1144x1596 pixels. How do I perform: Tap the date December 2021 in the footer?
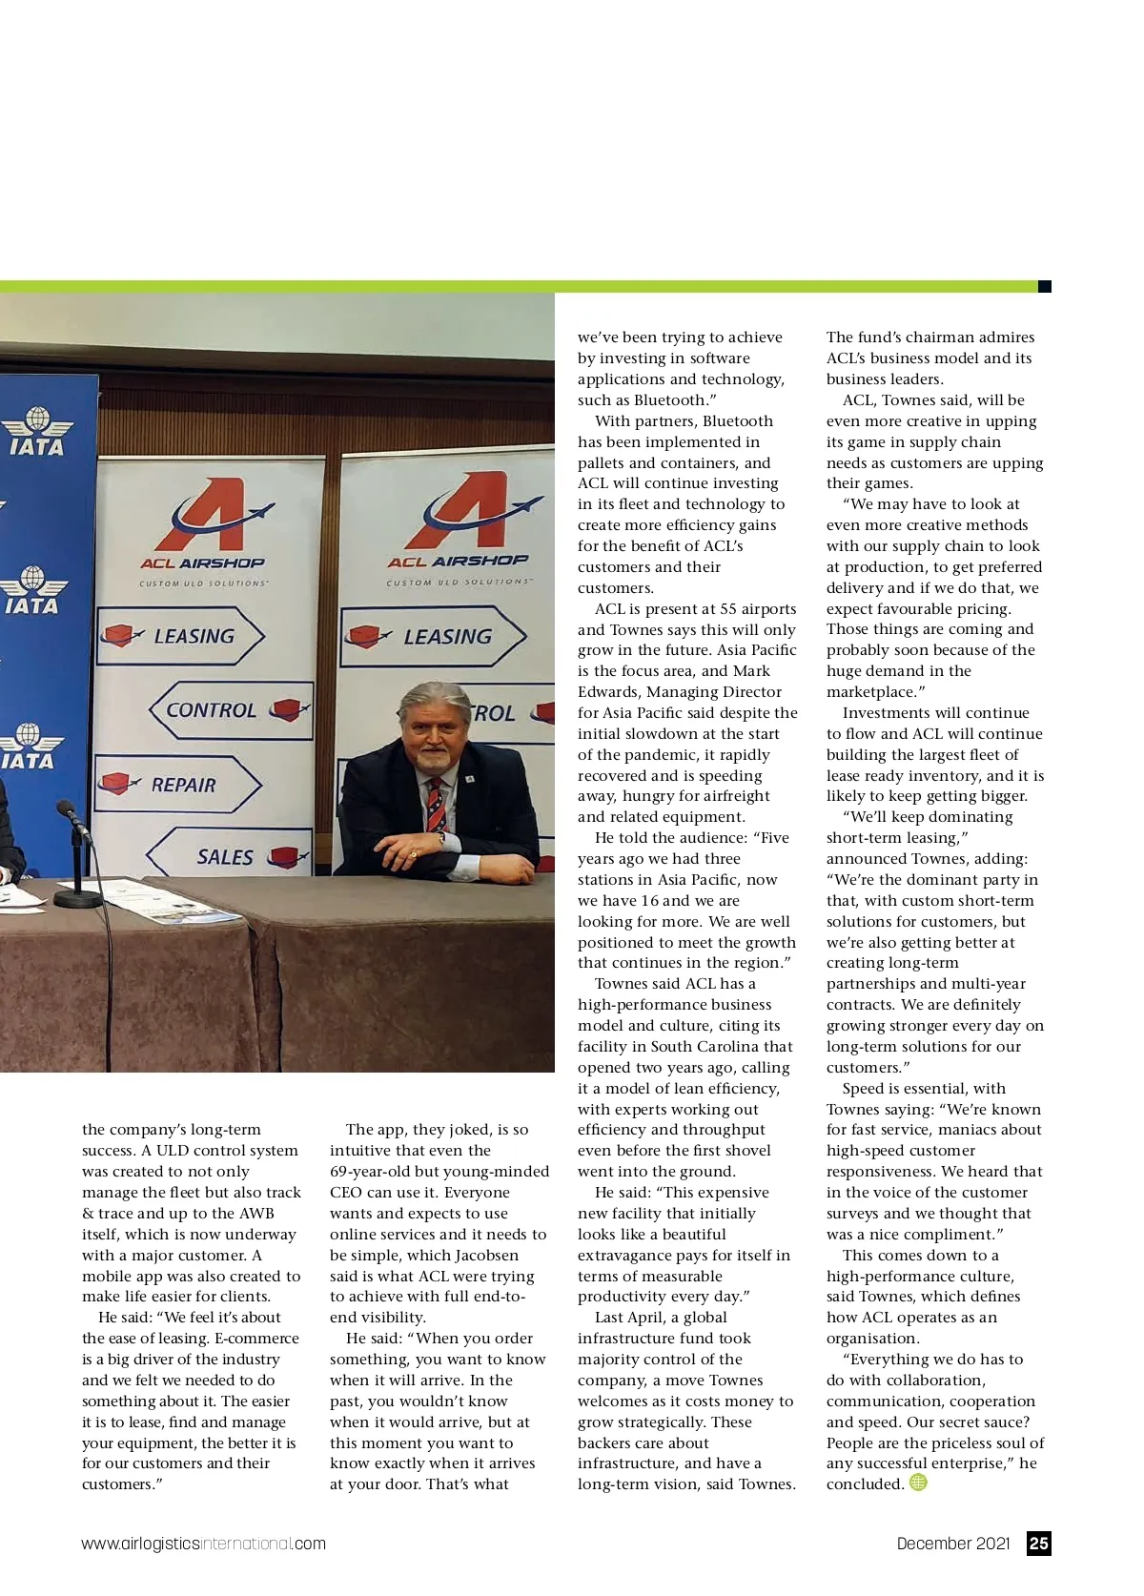click(x=952, y=1544)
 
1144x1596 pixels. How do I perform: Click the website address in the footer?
click(x=203, y=1544)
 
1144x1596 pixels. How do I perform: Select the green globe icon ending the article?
click(x=918, y=1483)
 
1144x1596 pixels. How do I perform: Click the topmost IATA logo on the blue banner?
click(x=36, y=432)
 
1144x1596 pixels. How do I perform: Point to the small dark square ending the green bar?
click(x=1044, y=286)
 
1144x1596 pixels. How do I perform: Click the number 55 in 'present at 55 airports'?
click(x=729, y=608)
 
